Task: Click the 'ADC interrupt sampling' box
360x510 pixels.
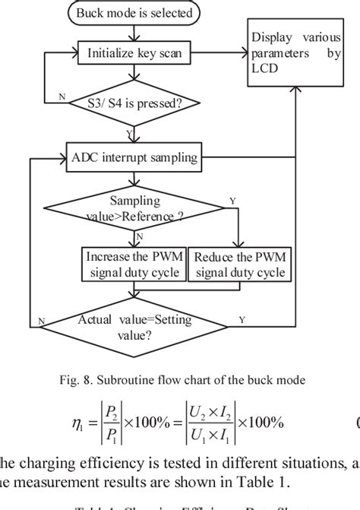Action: pyautogui.click(x=134, y=157)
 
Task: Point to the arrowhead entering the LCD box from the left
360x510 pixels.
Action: pyautogui.click(x=245, y=54)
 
